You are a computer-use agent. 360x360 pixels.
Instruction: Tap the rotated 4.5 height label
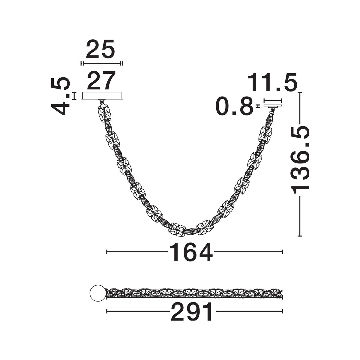click(x=60, y=96)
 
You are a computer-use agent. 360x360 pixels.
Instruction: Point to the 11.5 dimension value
click(x=272, y=82)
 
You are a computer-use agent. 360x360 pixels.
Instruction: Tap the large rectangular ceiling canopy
click(x=102, y=95)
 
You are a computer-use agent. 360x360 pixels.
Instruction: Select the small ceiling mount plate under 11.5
click(x=273, y=106)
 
